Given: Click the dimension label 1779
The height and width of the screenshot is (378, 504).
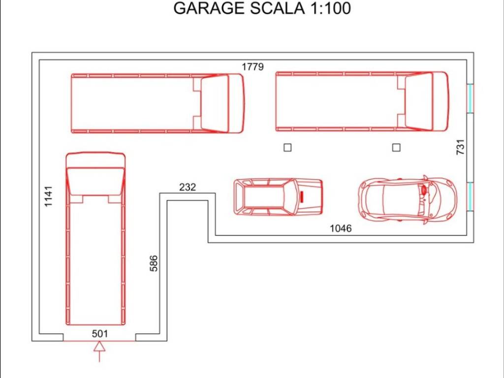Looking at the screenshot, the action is click(252, 67).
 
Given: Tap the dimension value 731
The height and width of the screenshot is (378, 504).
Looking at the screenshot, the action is click(460, 147).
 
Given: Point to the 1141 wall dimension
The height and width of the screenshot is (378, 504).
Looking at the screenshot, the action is click(48, 196).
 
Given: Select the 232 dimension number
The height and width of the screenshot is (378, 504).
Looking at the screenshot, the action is click(188, 187).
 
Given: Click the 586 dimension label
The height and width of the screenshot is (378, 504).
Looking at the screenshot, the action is click(154, 263).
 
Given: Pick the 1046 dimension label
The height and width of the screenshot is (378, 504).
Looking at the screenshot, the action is click(341, 228).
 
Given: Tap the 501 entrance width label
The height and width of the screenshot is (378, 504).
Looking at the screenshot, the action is click(100, 334).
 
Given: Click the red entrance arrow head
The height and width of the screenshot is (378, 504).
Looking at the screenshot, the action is click(99, 346).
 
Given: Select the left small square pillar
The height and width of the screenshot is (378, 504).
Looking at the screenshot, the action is click(287, 148).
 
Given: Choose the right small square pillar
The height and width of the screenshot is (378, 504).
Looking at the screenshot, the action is click(396, 148).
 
